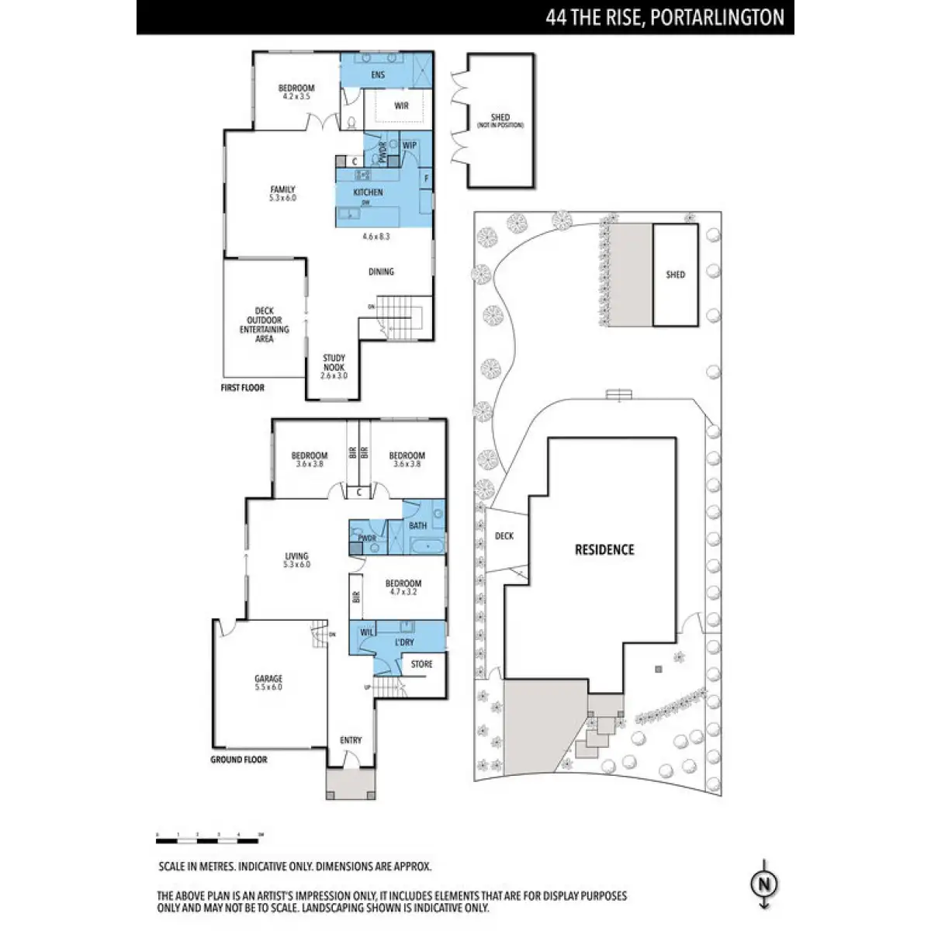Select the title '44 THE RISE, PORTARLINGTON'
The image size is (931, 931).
tap(664, 18)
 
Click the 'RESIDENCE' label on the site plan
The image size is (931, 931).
tap(604, 550)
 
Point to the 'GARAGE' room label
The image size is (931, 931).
tap(268, 678)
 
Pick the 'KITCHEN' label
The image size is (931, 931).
tap(368, 192)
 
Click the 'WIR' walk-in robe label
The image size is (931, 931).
tap(401, 106)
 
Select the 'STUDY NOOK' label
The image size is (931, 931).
tap(334, 362)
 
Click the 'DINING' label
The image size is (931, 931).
tap(381, 272)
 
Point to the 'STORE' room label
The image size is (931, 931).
tap(421, 664)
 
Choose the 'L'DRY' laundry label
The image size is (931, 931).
tap(404, 642)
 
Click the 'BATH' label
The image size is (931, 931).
tap(417, 526)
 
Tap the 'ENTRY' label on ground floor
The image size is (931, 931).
tap(351, 740)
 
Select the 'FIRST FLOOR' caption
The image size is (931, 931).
tap(243, 387)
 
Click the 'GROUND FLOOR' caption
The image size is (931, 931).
tap(239, 760)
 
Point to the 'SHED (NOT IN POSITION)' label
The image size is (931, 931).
tap(500, 121)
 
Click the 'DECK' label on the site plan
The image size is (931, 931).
tap(504, 536)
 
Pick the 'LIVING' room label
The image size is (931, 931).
tap(296, 556)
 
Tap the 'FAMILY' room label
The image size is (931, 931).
tap(282, 189)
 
